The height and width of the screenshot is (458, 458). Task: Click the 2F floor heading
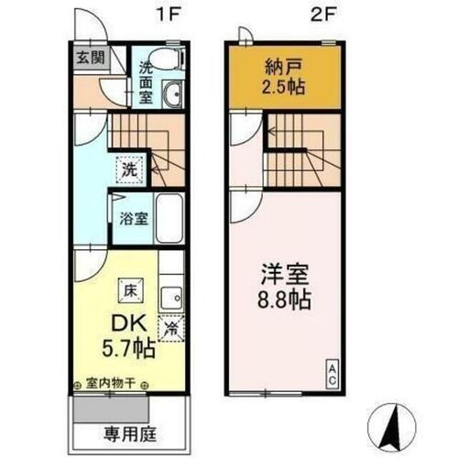pos(318,15)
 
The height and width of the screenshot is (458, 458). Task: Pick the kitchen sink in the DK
pos(170,299)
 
